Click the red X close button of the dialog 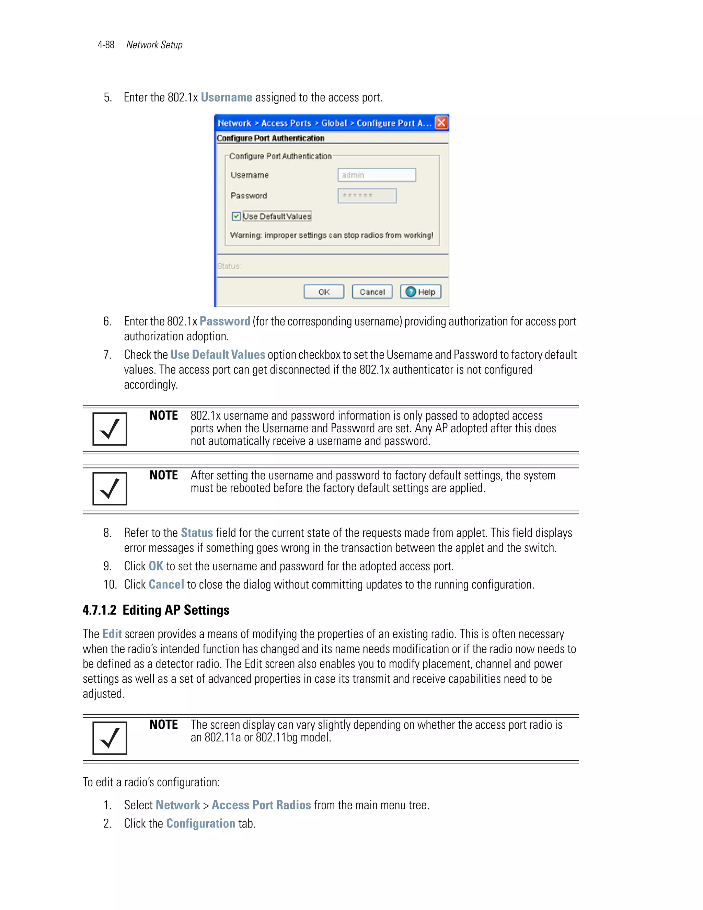tap(441, 123)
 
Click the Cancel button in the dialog tap(372, 292)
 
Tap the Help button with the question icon tap(420, 292)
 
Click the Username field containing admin tap(377, 175)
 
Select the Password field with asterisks tap(367, 195)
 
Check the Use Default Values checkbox tap(236, 216)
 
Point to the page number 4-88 tap(106, 45)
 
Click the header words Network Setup tap(154, 45)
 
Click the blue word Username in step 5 tap(226, 97)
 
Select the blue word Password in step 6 tap(224, 321)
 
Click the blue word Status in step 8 tap(197, 533)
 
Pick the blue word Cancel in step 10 tap(166, 584)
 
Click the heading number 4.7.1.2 tap(99, 610)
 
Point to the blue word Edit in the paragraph tap(112, 634)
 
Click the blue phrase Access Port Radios tap(261, 805)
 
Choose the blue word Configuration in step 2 tap(200, 823)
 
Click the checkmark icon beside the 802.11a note tap(110, 738)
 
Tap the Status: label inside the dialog tap(229, 266)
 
